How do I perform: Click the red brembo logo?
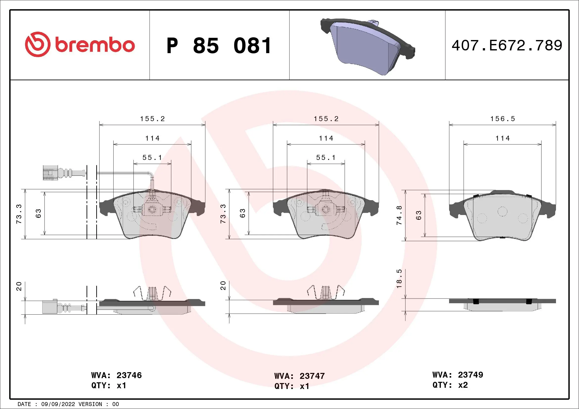tap(80, 44)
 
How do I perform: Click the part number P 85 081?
tap(219, 46)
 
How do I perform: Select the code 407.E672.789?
tap(507, 45)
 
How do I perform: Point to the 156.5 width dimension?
tap(503, 119)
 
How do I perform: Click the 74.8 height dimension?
tap(399, 215)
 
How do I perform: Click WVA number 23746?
tap(129, 375)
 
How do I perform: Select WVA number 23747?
tap(312, 376)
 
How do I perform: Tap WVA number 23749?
tap(470, 375)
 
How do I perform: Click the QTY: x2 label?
tap(450, 385)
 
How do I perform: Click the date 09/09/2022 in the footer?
tap(58, 404)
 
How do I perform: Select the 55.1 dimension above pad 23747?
tap(326, 158)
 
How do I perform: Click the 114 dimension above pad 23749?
tap(503, 138)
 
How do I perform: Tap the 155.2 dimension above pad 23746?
tap(152, 119)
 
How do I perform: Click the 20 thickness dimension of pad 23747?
tap(223, 286)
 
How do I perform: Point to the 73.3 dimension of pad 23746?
tap(19, 214)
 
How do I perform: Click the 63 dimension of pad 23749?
tap(419, 215)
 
